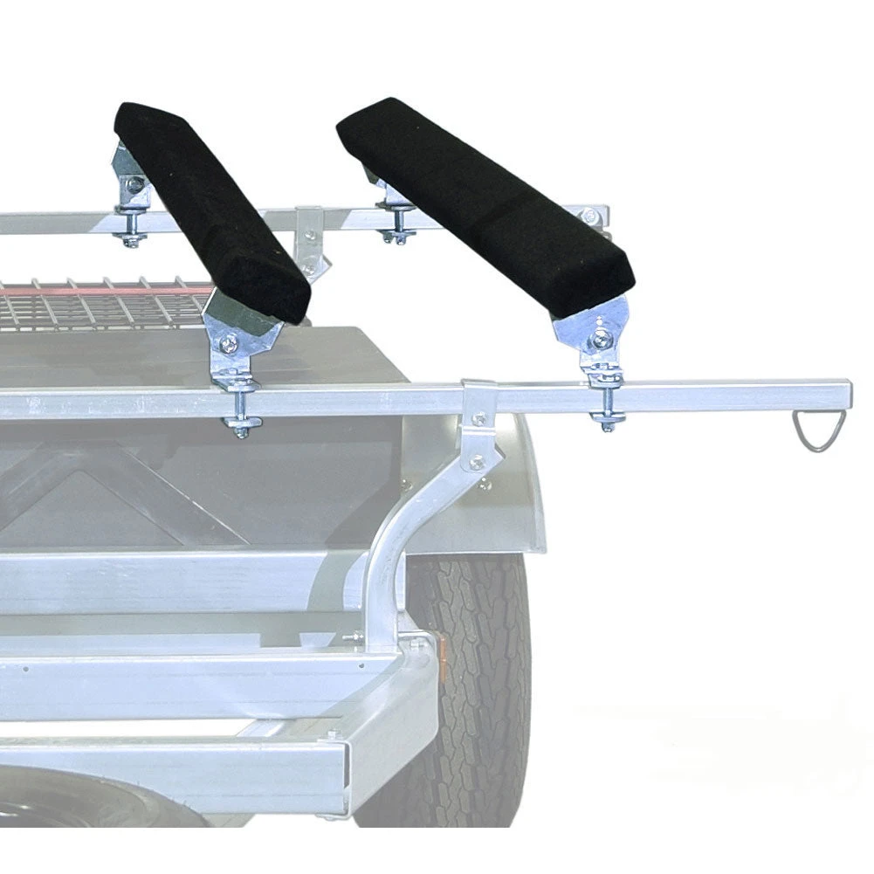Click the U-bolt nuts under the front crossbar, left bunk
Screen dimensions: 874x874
point(240,425)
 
